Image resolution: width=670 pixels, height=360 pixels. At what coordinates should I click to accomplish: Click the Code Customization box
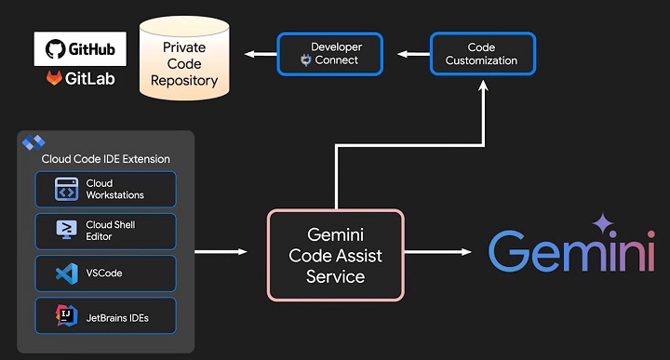(x=482, y=54)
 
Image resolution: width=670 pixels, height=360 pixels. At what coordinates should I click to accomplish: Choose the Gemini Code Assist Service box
(x=336, y=254)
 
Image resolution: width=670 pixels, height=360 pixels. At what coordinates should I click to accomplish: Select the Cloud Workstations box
(x=105, y=189)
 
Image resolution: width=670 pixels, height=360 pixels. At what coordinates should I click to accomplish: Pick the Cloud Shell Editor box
(x=105, y=231)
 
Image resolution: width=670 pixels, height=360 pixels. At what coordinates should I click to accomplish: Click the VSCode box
(x=105, y=273)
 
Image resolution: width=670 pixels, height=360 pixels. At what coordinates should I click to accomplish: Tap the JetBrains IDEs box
(x=105, y=317)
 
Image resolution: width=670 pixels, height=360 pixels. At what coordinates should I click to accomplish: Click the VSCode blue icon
(x=66, y=273)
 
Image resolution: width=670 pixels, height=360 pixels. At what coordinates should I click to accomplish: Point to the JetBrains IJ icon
(x=66, y=317)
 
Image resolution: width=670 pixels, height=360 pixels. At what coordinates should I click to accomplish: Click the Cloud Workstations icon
(x=66, y=189)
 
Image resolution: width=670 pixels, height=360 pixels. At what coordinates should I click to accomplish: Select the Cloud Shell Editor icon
(x=66, y=231)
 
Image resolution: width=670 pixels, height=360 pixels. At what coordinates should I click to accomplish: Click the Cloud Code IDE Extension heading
(x=105, y=159)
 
